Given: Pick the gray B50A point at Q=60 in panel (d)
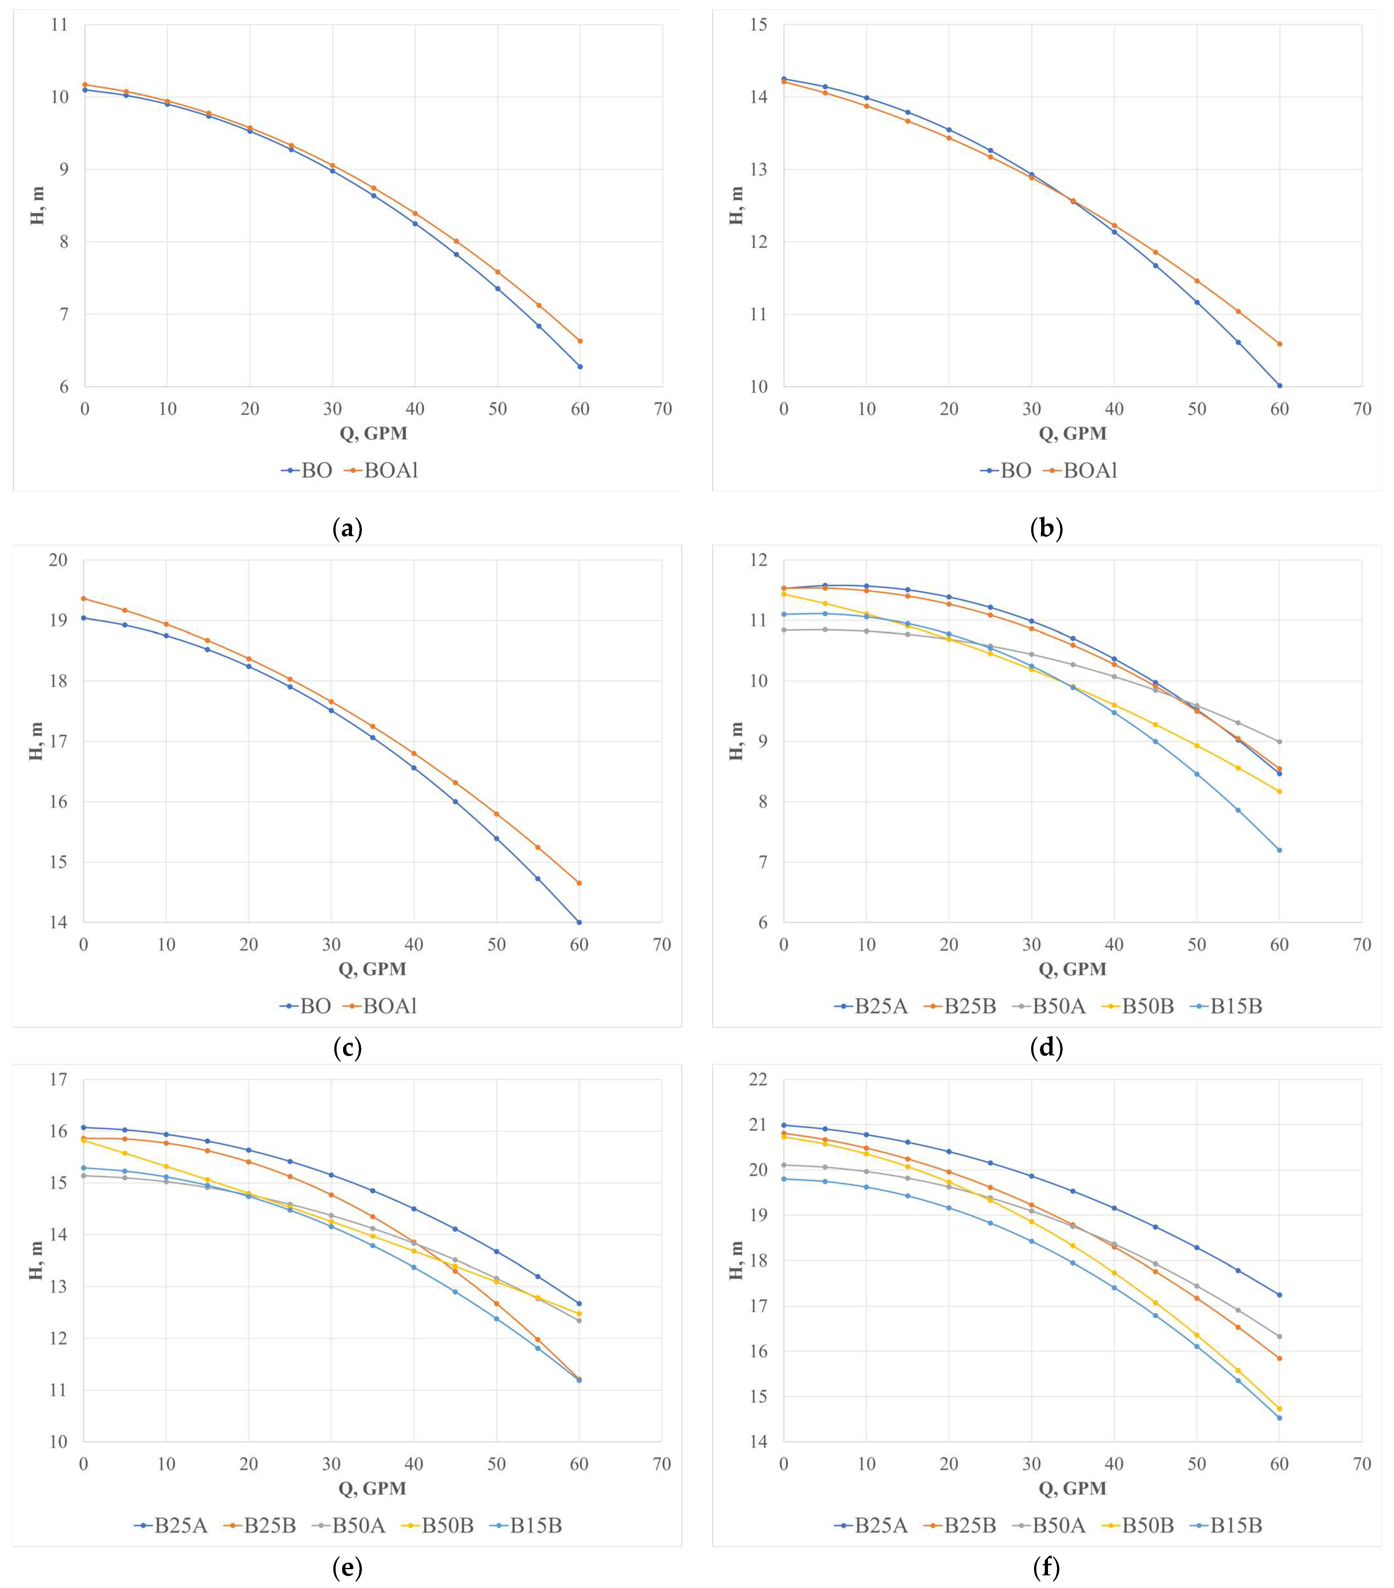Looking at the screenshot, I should coord(1279,741).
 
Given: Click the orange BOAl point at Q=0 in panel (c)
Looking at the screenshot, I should coord(83,598).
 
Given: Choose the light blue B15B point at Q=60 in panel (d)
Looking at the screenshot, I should coord(1279,850).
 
